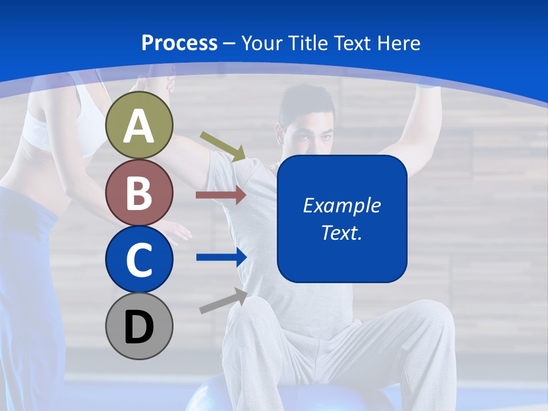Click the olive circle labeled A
pos(139,126)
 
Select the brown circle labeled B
pos(139,193)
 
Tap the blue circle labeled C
pos(139,259)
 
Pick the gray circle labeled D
pos(139,327)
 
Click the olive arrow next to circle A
pos(223,146)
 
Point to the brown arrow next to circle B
pos(221,195)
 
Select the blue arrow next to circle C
pos(221,257)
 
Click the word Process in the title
pos(179,43)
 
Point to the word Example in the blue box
pos(342,205)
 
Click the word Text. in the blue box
pos(342,232)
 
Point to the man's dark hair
pos(308,103)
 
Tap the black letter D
pos(139,327)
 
